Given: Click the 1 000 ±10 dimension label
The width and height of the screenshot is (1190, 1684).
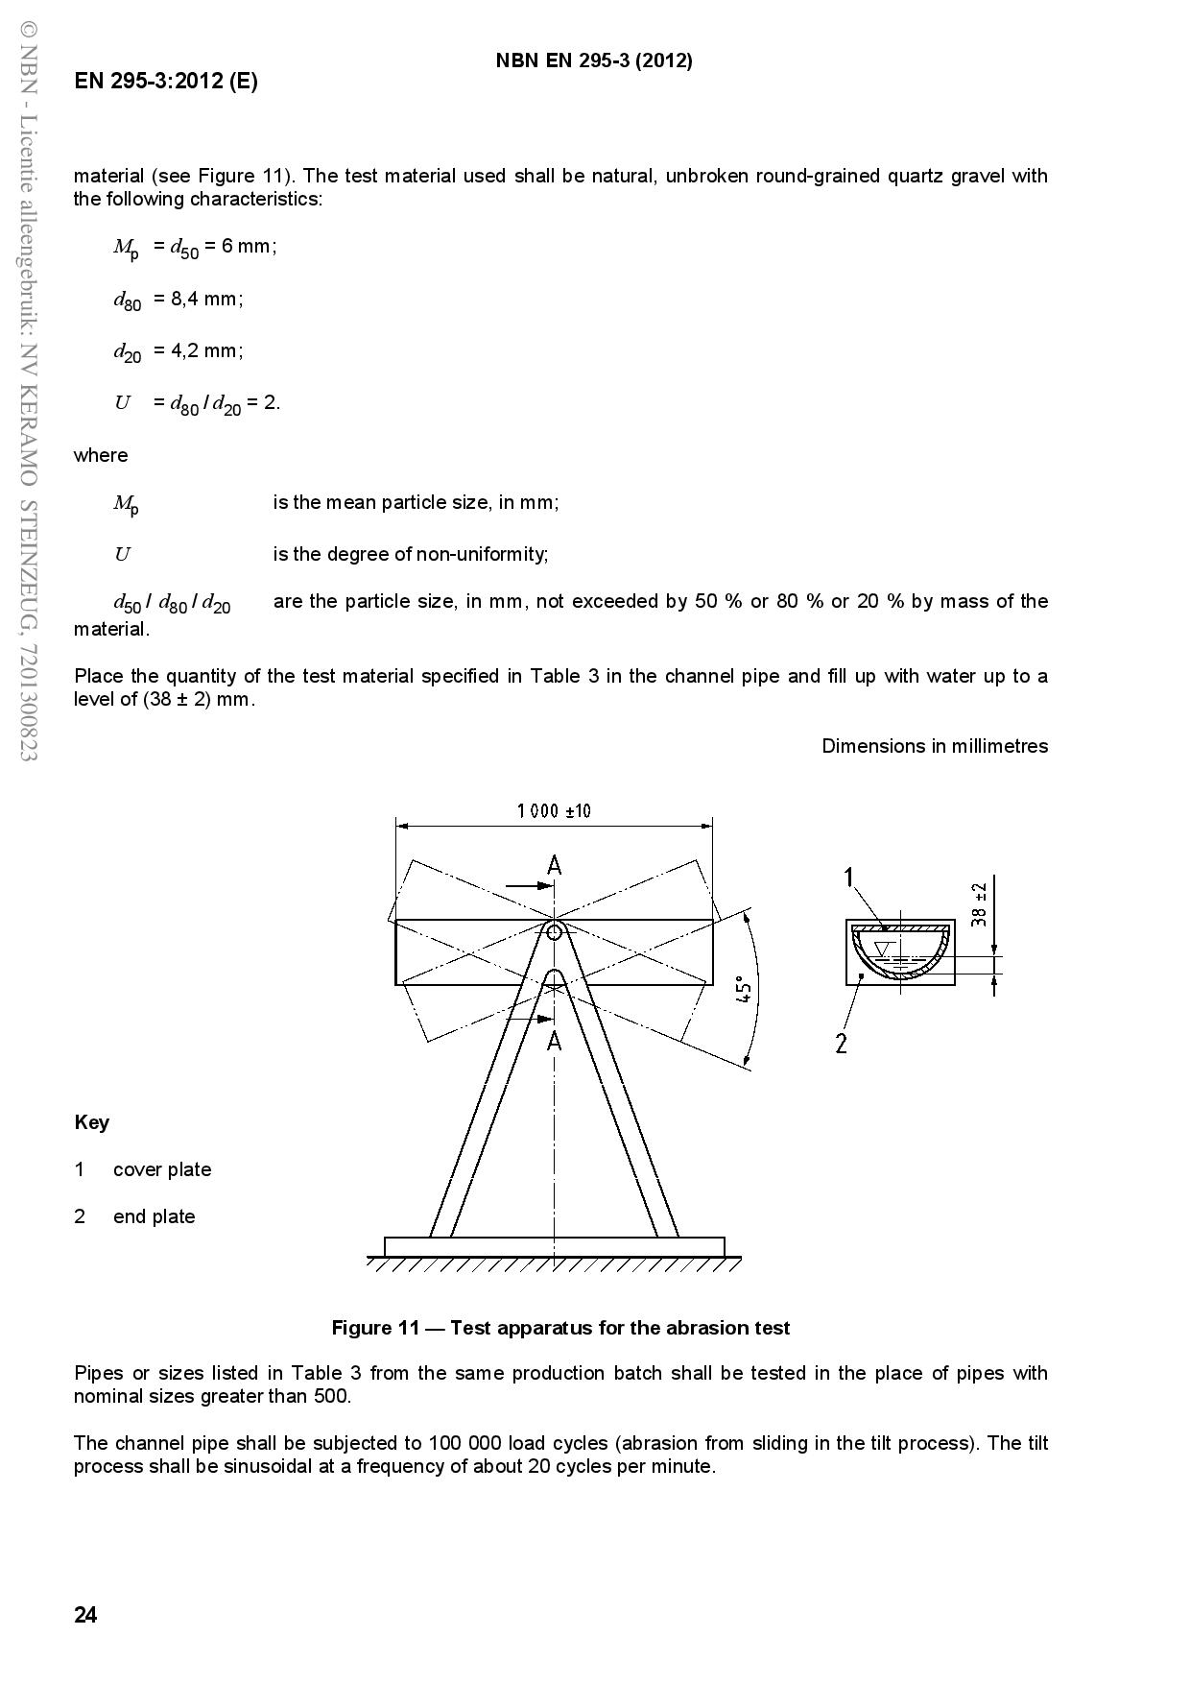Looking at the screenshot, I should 554,811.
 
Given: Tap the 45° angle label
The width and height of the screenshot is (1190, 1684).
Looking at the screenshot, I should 743,989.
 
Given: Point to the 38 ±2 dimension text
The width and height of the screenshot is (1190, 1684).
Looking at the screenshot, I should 979,903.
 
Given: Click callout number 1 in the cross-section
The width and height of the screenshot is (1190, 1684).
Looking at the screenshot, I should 848,877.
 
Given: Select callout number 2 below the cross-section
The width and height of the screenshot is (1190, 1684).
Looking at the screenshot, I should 842,1043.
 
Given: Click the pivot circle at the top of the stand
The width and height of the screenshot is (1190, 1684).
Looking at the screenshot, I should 555,931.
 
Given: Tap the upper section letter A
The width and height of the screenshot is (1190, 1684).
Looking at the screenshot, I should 555,866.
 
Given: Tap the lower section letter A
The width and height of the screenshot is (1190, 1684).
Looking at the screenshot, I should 555,1040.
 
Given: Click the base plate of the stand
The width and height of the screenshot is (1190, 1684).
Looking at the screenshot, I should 554,1246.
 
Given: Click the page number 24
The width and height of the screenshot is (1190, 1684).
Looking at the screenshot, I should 85,1615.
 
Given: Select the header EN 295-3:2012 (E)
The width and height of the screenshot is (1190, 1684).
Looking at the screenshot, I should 166,82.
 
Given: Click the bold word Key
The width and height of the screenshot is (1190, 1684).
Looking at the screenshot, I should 91,1122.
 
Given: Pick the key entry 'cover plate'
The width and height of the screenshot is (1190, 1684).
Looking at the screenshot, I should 162,1169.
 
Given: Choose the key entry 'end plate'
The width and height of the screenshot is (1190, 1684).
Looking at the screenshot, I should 154,1216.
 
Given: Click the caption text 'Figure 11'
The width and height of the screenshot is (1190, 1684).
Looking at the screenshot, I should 375,1328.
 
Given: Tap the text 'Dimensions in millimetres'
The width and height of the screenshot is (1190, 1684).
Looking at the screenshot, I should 935,746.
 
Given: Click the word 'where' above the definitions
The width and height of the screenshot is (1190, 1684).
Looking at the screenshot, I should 101,455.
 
